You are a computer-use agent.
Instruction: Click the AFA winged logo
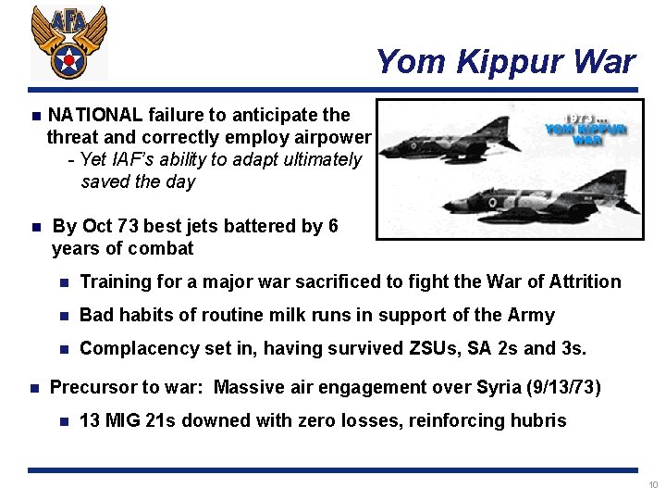click(x=68, y=43)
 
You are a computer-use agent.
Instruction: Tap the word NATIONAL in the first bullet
click(x=95, y=115)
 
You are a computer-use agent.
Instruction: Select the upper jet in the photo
click(x=453, y=135)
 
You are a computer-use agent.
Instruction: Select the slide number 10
click(x=652, y=485)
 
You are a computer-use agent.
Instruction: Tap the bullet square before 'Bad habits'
click(x=63, y=316)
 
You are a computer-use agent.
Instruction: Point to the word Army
click(x=531, y=315)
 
